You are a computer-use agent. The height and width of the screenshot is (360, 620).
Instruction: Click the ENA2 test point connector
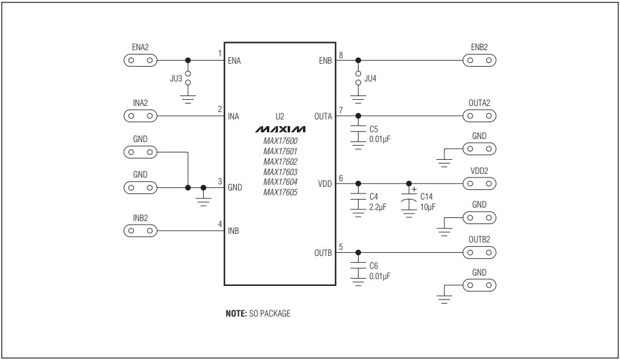[x=140, y=61]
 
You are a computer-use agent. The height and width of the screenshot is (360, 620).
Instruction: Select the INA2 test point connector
[x=140, y=116]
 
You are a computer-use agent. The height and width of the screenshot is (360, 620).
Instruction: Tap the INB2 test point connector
[x=140, y=231]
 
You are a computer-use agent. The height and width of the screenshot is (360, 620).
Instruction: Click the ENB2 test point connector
[x=479, y=61]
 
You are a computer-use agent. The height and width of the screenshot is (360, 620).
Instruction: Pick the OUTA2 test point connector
[x=479, y=116]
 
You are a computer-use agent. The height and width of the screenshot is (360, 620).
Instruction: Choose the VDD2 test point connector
[x=479, y=183]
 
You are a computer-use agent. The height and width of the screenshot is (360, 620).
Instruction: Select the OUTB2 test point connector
[x=479, y=252]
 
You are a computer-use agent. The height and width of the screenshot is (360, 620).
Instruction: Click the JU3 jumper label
[x=176, y=79]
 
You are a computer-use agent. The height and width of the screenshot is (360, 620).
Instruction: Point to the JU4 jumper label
[x=371, y=79]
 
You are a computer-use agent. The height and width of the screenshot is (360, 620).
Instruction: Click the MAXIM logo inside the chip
[x=280, y=130]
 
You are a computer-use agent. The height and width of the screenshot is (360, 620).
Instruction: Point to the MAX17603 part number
[x=280, y=172]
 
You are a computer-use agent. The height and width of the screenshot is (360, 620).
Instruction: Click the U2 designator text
[x=280, y=116]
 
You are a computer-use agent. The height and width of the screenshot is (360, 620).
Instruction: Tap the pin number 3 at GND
[x=220, y=181]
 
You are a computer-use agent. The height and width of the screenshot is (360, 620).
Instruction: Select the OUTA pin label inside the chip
[x=323, y=116]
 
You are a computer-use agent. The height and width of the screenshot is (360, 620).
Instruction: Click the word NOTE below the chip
[x=236, y=313]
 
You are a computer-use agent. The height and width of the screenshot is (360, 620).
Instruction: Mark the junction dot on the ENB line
[x=357, y=61]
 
